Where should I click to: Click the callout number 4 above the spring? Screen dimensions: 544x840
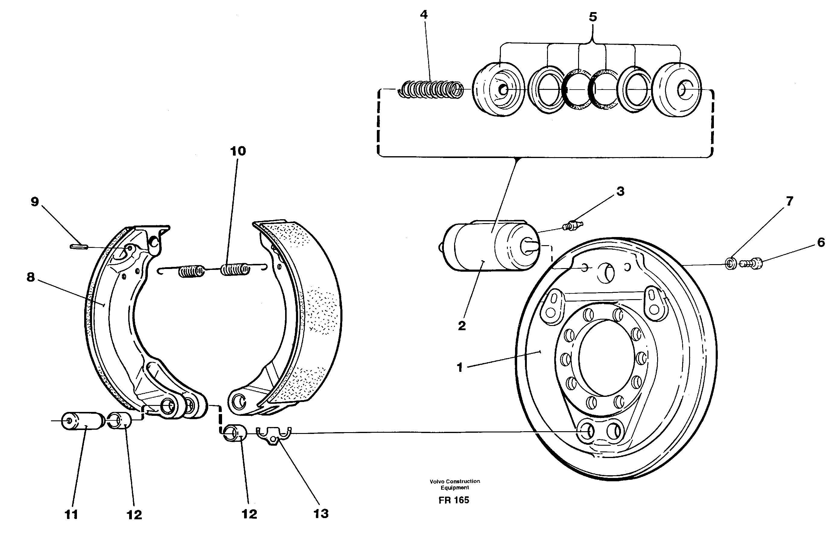(x=424, y=15)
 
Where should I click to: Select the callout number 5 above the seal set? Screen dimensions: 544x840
(x=593, y=17)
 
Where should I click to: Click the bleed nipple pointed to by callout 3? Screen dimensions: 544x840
(x=574, y=225)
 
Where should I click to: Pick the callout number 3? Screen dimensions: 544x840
(x=620, y=191)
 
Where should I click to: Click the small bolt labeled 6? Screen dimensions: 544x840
(x=752, y=263)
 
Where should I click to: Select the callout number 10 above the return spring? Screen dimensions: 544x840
(x=238, y=151)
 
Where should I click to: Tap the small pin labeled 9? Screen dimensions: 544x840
(x=79, y=246)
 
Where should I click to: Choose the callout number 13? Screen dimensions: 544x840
(x=320, y=514)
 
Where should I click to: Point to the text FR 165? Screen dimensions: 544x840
(x=454, y=500)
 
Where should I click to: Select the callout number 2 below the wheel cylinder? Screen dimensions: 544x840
(x=462, y=326)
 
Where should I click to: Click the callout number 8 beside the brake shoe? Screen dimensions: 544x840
(x=31, y=277)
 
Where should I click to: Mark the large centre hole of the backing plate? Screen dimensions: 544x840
(x=606, y=357)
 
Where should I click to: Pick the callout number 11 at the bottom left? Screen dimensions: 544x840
(x=71, y=515)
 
